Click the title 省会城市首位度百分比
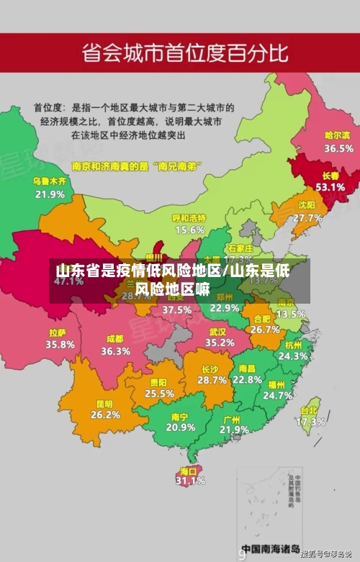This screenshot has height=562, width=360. click(185, 53)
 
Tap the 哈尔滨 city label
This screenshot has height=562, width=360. click(338, 135)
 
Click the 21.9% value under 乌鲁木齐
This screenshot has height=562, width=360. click(50, 194)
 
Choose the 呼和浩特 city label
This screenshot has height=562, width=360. click(189, 218)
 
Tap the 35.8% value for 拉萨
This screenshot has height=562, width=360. click(60, 344)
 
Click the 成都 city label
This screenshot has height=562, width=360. click(115, 339)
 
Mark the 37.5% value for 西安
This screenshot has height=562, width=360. click(176, 309)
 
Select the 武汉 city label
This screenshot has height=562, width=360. click(217, 332)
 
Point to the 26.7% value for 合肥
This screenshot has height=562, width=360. click(265, 330)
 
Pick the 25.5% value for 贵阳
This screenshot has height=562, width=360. click(159, 394)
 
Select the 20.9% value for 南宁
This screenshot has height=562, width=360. click(180, 427)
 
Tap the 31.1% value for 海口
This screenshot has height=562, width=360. click(191, 481)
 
